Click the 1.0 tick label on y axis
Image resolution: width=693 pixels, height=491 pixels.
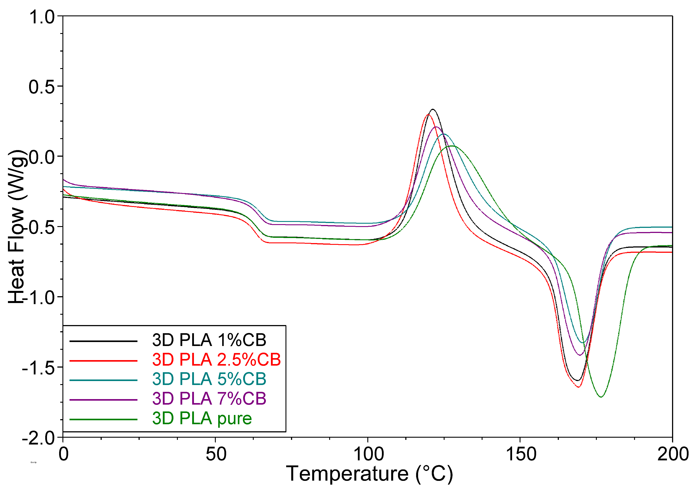(x=42, y=17)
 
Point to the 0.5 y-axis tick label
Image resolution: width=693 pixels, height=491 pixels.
(x=42, y=87)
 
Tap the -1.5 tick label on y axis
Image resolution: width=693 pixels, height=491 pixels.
(x=38, y=368)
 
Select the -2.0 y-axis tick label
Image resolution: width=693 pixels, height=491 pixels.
(x=38, y=438)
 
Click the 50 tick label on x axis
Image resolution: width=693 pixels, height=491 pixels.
(x=216, y=454)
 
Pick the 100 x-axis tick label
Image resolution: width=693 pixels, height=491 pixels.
(x=368, y=454)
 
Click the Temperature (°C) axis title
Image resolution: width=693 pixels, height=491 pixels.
(x=369, y=474)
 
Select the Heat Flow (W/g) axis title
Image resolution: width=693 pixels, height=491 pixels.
(x=17, y=227)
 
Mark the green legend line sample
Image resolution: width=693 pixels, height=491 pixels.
(x=103, y=420)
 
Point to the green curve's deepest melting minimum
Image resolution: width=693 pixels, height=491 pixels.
(x=601, y=397)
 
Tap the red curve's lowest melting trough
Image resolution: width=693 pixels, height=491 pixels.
(x=578, y=387)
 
